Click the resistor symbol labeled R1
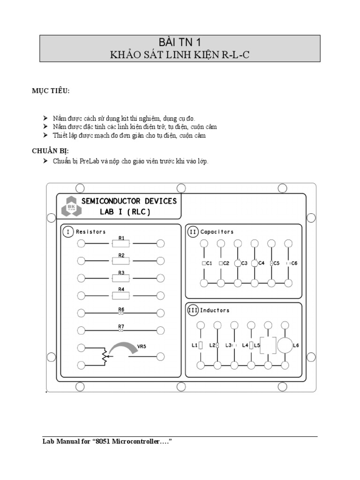click(x=121, y=243)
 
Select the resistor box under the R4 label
click(x=121, y=295)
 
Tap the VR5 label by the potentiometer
click(x=142, y=347)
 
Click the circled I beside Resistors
click(x=68, y=232)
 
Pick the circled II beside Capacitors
click(x=193, y=232)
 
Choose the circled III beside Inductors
click(x=193, y=310)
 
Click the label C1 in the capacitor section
click(x=209, y=263)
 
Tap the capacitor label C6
click(x=294, y=263)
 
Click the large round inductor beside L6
click(x=285, y=345)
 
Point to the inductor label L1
click(x=195, y=345)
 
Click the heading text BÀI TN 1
click(x=180, y=42)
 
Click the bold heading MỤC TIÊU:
click(x=51, y=90)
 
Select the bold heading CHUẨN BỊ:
click(x=50, y=151)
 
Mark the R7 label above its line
click(x=121, y=326)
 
